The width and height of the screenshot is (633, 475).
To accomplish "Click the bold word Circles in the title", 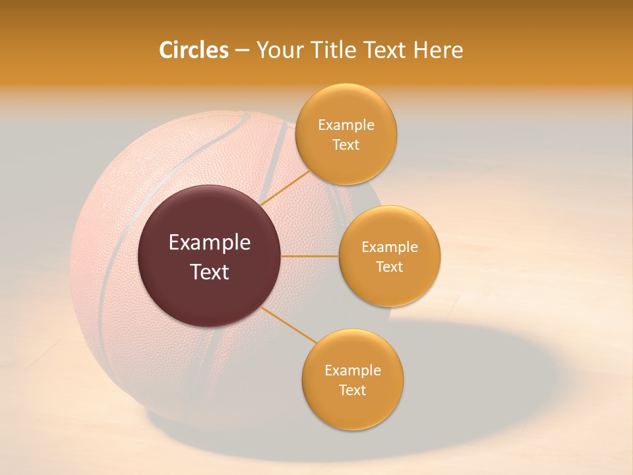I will click(193, 50).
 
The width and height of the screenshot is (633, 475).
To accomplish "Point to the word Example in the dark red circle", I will click(210, 243).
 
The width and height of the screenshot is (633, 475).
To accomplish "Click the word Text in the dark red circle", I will click(210, 272).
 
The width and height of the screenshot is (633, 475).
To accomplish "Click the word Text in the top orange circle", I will click(346, 145).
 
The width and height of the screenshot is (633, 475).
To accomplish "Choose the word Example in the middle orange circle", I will click(390, 247).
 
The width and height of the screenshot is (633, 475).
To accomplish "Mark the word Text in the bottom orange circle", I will click(352, 390).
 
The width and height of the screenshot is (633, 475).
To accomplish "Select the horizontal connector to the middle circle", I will click(310, 256).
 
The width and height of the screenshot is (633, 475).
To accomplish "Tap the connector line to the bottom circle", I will click(288, 325).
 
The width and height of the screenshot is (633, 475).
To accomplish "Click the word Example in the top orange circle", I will click(346, 125).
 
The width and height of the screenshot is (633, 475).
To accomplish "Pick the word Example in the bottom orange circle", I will click(353, 370).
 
